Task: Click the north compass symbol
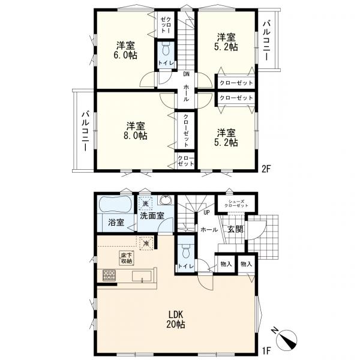[x=287, y=338]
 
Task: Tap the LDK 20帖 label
[x=176, y=319]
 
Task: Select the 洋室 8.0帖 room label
[x=136, y=131]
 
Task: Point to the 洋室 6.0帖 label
[x=125, y=50]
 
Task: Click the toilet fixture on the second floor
[x=165, y=48]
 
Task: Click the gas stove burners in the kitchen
[x=109, y=275]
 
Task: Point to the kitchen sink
[x=142, y=276]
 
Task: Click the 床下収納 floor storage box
[x=127, y=258]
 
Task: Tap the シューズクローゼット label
[x=236, y=203]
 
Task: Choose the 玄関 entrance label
[x=235, y=229]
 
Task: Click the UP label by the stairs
[x=206, y=212]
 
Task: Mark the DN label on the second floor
[x=186, y=74]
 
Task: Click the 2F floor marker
[x=266, y=169]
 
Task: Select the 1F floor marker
[x=266, y=350]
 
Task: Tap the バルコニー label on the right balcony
[x=267, y=40]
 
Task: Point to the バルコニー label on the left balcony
[x=86, y=131]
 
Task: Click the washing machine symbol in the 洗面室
[x=145, y=203]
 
